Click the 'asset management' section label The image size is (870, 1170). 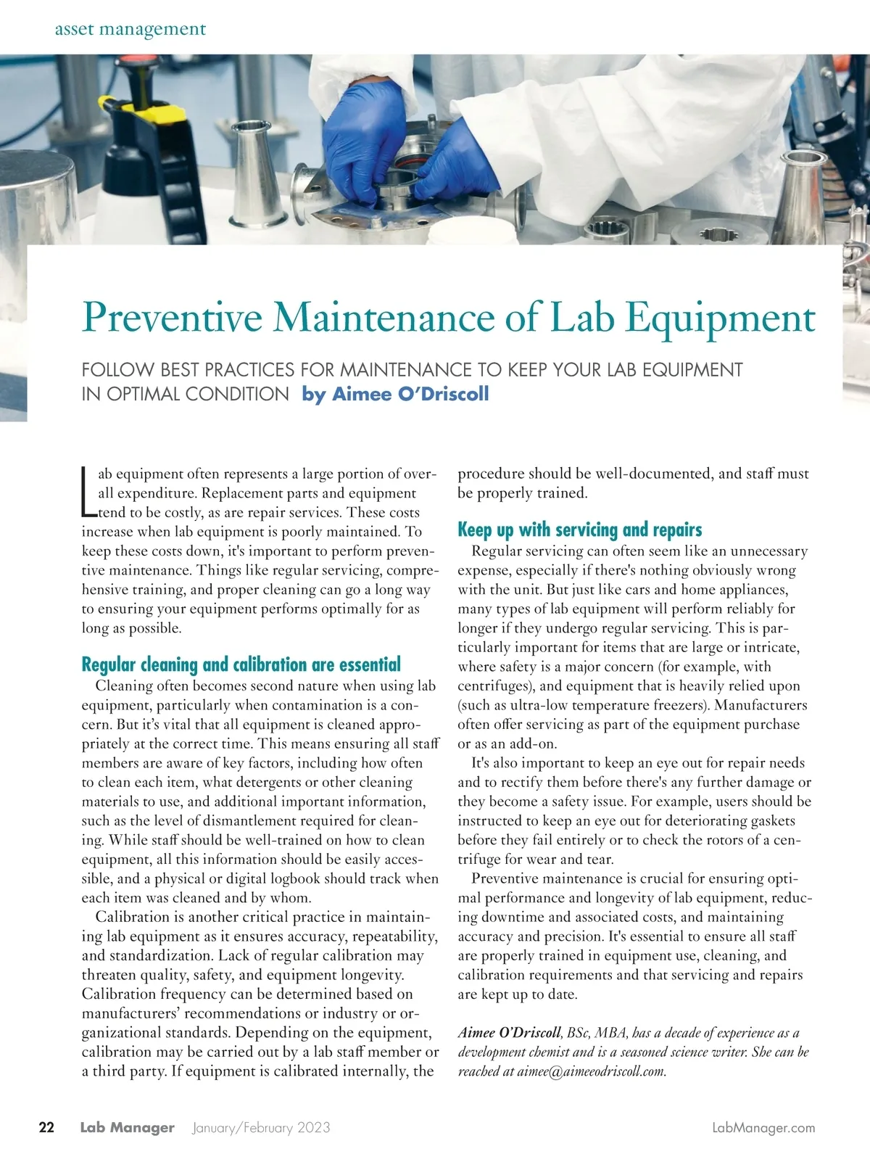[130, 29]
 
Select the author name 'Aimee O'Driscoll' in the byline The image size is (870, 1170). [396, 394]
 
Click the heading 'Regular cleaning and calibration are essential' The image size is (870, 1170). [241, 664]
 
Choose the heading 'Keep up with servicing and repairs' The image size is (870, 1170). [579, 530]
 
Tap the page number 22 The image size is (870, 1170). [46, 1127]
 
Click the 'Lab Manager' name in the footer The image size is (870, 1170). [127, 1127]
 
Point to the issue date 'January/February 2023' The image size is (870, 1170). [261, 1127]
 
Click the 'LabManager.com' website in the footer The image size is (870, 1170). [764, 1127]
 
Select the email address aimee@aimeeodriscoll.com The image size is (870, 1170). [591, 1071]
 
